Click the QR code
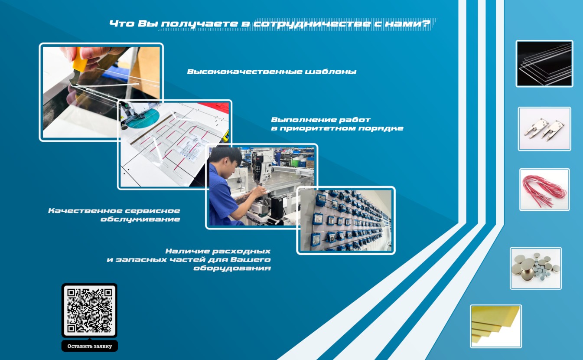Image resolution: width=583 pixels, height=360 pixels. tap(89, 310)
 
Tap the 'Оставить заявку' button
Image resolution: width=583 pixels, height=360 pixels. tap(90, 346)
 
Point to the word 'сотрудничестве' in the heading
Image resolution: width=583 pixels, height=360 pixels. tap(312, 24)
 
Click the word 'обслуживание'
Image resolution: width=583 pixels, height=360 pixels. tap(140, 219)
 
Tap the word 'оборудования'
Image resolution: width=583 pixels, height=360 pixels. tap(232, 268)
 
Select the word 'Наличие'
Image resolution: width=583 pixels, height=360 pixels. tap(188, 251)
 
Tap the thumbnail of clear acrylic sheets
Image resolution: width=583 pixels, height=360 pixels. tap(544, 64)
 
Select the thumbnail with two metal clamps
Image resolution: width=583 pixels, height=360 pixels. tap(544, 129)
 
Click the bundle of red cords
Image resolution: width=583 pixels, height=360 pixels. tap(544, 190)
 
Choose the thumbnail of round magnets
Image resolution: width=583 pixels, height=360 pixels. tap(536, 268)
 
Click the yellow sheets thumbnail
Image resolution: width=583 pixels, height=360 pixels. tap(496, 326)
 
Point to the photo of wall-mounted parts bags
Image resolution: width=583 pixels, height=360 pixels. tap(346, 220)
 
